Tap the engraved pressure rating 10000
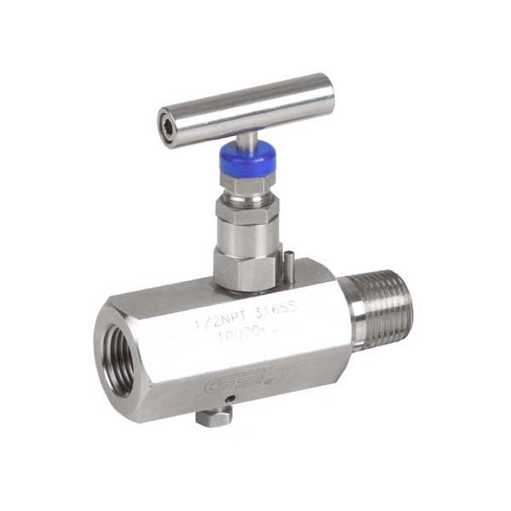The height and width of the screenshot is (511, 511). (238, 336)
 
